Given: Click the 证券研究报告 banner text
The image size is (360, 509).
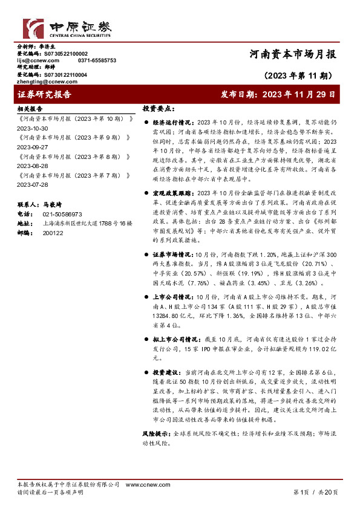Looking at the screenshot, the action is (x=45, y=95).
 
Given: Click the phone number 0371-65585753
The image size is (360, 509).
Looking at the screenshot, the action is (x=97, y=60).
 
